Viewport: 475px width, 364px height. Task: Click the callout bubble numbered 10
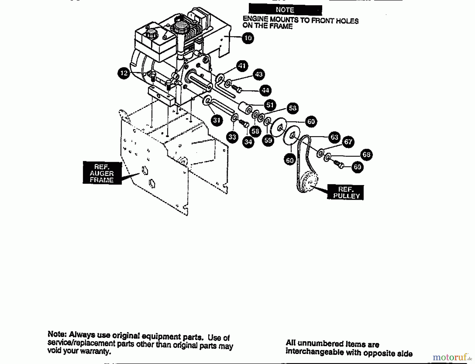248,38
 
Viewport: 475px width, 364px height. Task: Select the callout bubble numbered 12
124,73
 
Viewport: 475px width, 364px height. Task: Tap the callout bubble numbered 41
242,66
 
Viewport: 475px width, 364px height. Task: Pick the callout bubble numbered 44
265,91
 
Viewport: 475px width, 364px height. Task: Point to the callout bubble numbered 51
270,105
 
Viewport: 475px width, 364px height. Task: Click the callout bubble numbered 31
217,120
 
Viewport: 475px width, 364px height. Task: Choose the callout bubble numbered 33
232,137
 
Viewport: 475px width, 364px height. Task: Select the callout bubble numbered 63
334,137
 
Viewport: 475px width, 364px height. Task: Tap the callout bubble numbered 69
357,167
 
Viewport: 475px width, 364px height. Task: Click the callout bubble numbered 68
366,154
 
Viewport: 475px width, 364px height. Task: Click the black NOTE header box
285,10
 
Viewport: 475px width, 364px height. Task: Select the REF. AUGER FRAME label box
102,173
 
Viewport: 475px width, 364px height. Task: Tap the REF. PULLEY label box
346,192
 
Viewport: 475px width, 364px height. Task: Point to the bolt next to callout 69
339,164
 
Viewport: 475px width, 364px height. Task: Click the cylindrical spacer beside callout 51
245,108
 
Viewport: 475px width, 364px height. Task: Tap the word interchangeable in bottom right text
314,352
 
